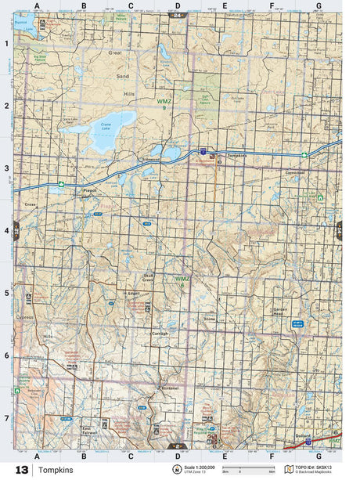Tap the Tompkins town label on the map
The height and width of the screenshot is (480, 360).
click(237, 155)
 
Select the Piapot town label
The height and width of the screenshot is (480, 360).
click(90, 188)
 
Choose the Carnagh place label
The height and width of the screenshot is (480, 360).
click(159, 332)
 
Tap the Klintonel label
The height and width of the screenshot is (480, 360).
click(170, 388)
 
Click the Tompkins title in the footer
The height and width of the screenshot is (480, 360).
click(56, 470)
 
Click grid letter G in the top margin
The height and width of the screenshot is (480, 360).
click(318, 5)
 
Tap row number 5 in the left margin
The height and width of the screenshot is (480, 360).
click(7, 293)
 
